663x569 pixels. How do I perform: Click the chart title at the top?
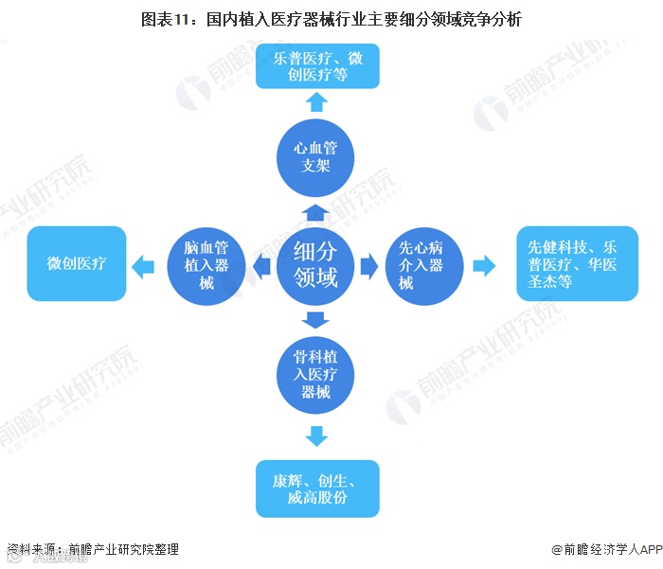(x=331, y=18)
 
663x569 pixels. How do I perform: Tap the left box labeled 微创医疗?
(x=77, y=263)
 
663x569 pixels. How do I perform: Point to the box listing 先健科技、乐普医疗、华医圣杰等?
(x=576, y=264)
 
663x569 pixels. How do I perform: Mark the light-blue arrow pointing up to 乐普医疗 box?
(x=317, y=102)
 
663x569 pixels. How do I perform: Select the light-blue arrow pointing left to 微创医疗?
(x=142, y=266)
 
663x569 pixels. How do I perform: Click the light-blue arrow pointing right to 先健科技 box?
(x=484, y=266)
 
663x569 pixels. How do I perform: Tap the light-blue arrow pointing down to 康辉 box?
(x=317, y=436)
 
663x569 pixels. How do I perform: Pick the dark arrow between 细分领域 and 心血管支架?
(x=316, y=209)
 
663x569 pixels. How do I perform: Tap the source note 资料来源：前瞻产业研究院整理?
(x=93, y=549)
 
